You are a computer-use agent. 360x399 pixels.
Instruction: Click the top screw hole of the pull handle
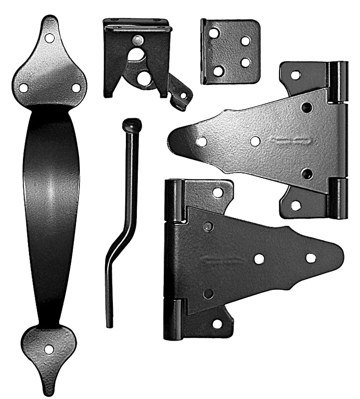49,38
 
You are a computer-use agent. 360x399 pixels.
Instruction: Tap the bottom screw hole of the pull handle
49,349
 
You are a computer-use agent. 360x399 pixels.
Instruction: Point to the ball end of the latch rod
131,125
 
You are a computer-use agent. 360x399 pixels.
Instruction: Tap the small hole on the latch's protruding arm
183,95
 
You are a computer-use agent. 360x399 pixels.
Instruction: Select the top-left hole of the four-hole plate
214,33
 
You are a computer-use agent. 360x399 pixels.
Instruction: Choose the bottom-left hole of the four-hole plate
218,71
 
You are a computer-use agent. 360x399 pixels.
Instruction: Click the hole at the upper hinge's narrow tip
201,142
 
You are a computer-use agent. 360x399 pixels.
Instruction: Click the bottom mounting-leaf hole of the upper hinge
296,205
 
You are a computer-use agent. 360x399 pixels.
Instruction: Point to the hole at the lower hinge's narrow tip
311,258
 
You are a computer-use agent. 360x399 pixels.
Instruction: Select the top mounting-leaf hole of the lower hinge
218,192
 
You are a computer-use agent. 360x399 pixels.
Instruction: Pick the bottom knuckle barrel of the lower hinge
173,319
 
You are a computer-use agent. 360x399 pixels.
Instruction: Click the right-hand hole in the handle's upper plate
76,88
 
